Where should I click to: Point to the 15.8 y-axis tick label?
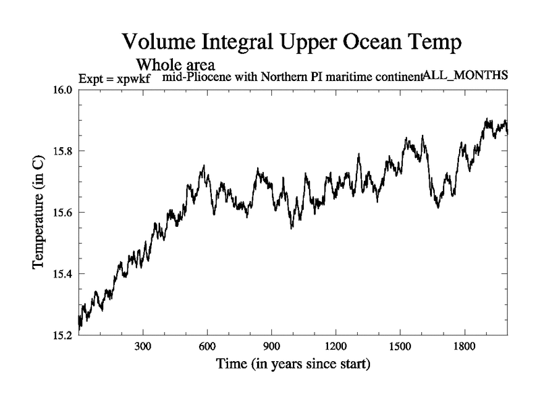click(x=64, y=151)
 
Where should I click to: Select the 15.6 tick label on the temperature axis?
click(x=64, y=213)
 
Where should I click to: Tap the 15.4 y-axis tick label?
click(x=64, y=273)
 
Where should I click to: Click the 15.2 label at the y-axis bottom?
click(x=64, y=335)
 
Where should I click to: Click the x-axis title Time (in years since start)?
click(x=293, y=365)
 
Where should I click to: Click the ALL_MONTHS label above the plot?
click(x=465, y=75)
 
